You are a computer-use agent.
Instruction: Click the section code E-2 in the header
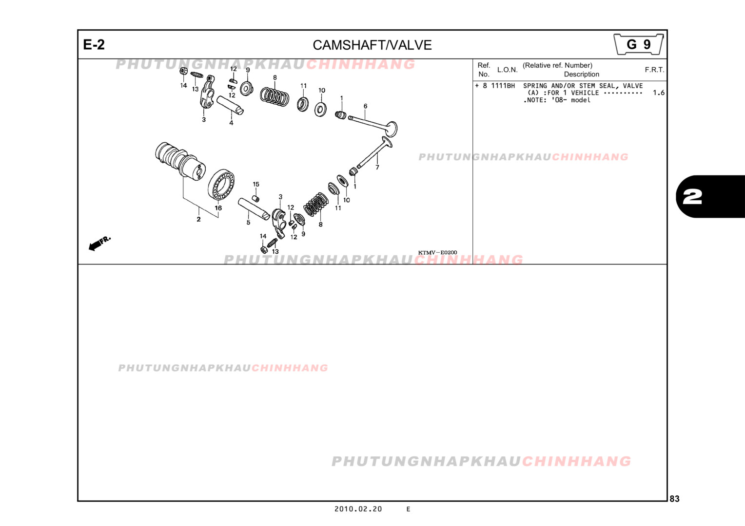94,44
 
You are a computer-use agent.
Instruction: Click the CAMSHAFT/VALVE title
372,45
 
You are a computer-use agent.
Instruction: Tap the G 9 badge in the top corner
639,44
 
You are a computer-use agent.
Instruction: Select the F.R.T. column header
654,70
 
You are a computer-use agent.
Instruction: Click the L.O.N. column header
507,70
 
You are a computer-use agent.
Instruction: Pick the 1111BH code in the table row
503,86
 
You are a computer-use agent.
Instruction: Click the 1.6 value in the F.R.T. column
659,93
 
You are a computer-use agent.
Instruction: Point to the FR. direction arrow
99,244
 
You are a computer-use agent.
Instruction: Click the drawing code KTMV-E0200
437,253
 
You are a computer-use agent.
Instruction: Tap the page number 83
674,499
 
